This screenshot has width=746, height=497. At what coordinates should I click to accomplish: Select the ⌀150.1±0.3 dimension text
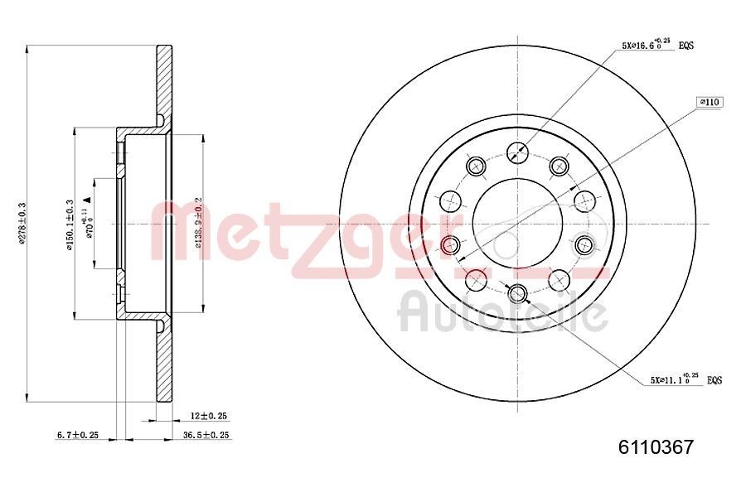pyautogui.click(x=70, y=221)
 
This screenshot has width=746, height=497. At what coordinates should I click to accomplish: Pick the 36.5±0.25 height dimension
pyautogui.click(x=206, y=435)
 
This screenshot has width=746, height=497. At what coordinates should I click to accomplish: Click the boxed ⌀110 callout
pyautogui.click(x=710, y=102)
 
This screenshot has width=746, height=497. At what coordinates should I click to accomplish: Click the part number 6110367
pyautogui.click(x=656, y=447)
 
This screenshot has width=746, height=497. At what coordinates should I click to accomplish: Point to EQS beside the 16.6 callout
pyautogui.click(x=685, y=46)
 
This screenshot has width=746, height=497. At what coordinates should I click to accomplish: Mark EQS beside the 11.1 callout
pyautogui.click(x=714, y=381)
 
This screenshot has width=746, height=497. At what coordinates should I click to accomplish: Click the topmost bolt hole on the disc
pyautogui.click(x=517, y=152)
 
